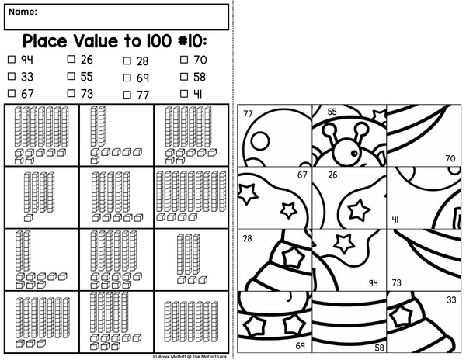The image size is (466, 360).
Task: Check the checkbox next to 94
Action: [x=12, y=60]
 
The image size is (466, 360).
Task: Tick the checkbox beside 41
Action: [x=184, y=94]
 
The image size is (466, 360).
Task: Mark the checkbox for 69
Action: [x=127, y=78]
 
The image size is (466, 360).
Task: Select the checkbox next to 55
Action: [x=71, y=76]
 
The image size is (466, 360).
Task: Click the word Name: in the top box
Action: [x=23, y=12]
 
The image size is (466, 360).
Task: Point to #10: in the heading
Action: [x=192, y=41]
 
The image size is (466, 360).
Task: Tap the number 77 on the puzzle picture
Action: [x=249, y=114]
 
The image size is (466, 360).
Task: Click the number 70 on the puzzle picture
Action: [x=450, y=158]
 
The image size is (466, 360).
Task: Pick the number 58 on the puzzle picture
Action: [x=379, y=348]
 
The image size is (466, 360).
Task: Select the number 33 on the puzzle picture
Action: [x=451, y=299]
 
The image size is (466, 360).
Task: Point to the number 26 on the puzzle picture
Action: [x=332, y=175]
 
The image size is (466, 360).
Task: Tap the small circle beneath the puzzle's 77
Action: [x=260, y=140]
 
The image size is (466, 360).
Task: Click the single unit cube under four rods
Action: [x=28, y=218]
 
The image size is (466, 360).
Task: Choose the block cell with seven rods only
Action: [x=191, y=322]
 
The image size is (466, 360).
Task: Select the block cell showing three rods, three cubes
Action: [x=191, y=259]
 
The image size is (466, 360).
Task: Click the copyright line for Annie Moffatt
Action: [x=190, y=356]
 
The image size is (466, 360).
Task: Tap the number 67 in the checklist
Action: [x=27, y=94]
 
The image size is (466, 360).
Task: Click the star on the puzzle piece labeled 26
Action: [x=359, y=209]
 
